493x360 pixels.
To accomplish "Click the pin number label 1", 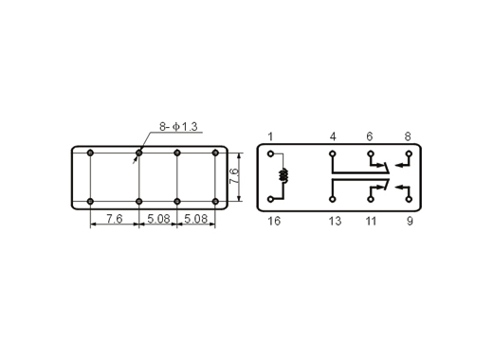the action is [270, 136].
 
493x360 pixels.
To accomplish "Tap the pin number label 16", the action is [274, 221].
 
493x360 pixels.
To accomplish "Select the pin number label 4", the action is [333, 136].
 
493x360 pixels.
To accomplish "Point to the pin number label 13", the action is [335, 221].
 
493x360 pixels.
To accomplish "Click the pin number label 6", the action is [370, 136].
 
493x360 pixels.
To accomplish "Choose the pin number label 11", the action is [372, 221].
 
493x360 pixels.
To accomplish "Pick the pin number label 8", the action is [408, 136].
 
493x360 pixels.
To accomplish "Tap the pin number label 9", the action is [410, 221].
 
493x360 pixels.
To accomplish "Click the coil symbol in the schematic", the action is [284, 175].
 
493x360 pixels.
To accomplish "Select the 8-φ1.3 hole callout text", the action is [178, 127].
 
